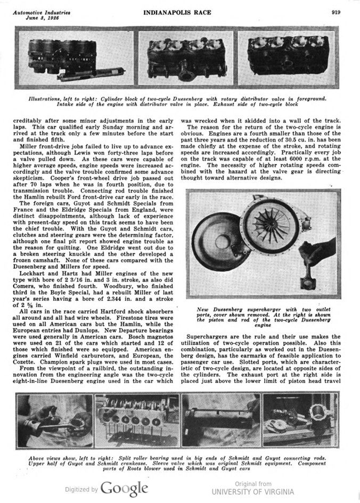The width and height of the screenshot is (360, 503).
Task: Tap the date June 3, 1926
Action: click(x=44, y=17)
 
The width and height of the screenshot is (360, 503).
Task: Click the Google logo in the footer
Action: click(x=124, y=488)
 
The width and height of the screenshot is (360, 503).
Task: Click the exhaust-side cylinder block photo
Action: click(x=288, y=60)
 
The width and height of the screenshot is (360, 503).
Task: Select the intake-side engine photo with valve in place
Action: click(x=186, y=60)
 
